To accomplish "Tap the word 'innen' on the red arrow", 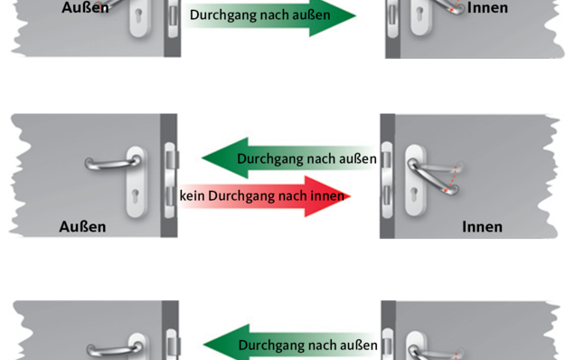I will [x=329, y=196].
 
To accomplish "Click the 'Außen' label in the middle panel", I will [x=82, y=226].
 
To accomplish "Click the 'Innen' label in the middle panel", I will [x=481, y=226].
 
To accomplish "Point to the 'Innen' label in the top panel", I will [x=487, y=8].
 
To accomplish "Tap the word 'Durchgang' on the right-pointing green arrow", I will [x=222, y=15].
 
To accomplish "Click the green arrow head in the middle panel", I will [x=220, y=159].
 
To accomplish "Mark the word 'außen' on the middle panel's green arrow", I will [x=358, y=159].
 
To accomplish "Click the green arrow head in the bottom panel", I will [x=220, y=345].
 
